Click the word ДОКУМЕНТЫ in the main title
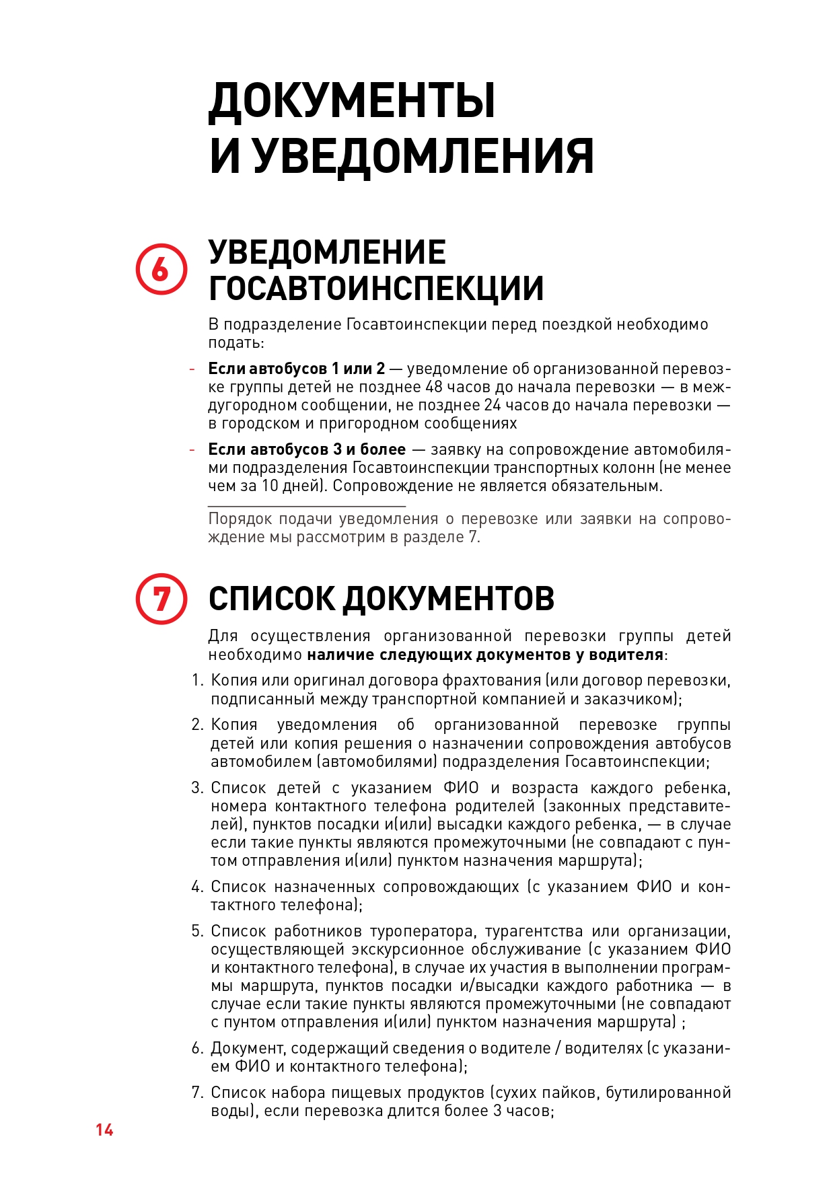[x=352, y=101]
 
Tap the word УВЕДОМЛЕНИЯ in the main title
[x=423, y=156]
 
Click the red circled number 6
[x=161, y=269]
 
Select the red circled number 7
[x=161, y=598]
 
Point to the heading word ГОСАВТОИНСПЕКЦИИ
[x=376, y=288]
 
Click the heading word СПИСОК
[x=271, y=598]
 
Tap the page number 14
[x=104, y=1130]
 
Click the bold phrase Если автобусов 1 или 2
[x=296, y=369]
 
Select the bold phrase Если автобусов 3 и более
[x=307, y=449]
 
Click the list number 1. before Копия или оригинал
[x=197, y=680]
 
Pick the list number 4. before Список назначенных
[x=197, y=887]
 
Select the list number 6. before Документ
[x=197, y=1048]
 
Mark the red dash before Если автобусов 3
[x=192, y=449]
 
